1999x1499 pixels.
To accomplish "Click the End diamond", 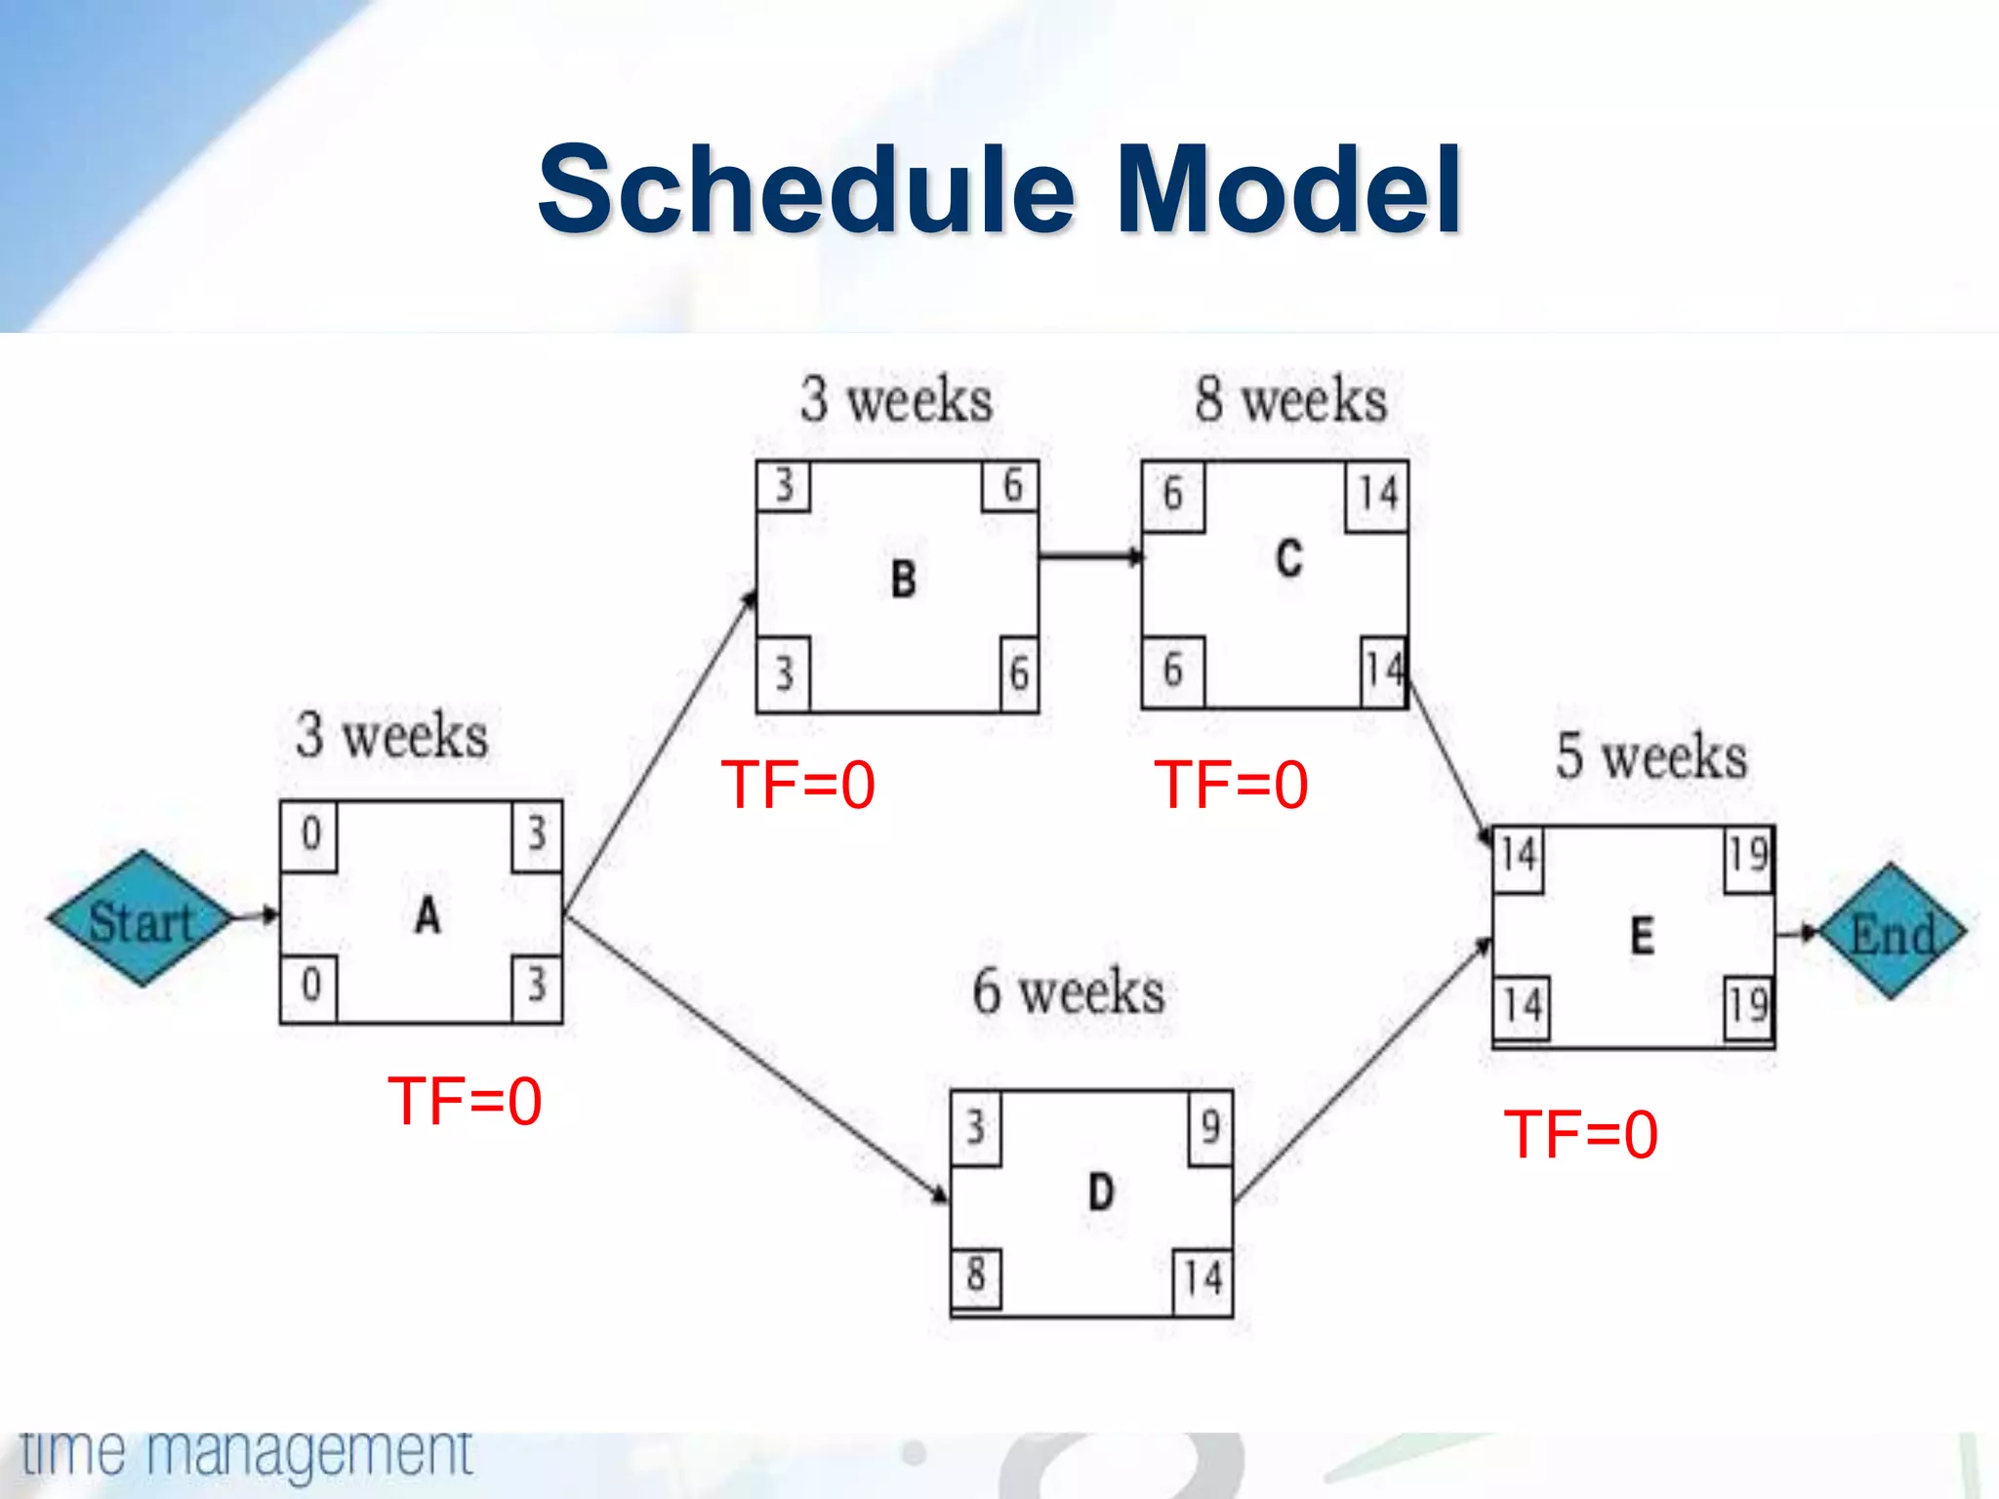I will click(1892, 933).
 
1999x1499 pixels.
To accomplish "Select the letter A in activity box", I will click(428, 915).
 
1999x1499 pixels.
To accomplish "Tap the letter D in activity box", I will click(1100, 1193).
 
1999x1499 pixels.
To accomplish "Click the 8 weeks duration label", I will click(1290, 400).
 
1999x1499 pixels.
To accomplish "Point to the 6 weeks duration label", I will click(1069, 993).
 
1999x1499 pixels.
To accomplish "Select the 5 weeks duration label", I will click(1652, 756).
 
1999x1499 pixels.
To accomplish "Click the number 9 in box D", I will click(1210, 1127).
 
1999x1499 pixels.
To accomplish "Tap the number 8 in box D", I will click(975, 1275).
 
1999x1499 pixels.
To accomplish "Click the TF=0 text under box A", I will click(465, 1102).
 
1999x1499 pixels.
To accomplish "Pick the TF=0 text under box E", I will click(1580, 1135).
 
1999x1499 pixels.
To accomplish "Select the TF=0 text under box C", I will click(1231, 786).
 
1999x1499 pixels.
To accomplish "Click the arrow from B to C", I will click(1089, 557).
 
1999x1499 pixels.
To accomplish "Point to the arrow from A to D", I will click(756, 1059).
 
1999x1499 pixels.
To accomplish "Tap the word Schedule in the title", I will click(806, 189).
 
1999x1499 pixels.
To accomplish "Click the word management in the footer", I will click(310, 1454).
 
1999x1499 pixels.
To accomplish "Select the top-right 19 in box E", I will click(1747, 856).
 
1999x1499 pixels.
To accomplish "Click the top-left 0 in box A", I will click(310, 834).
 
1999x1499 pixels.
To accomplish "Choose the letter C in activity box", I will click(1288, 559).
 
